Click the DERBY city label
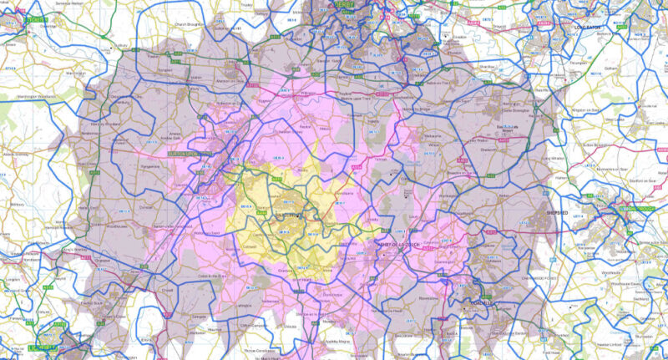345,4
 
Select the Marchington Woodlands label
42,98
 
